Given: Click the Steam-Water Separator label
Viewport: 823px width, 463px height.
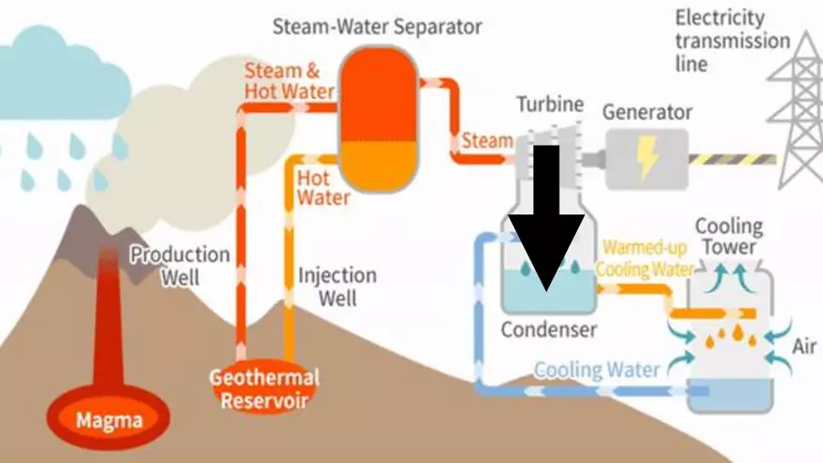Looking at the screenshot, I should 377,25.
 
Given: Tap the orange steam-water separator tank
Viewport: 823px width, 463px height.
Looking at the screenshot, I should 378,118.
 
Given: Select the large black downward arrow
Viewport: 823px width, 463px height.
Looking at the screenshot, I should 546,225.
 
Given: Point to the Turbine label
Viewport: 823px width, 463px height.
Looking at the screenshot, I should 549,104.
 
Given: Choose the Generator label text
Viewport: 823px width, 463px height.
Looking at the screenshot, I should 647,112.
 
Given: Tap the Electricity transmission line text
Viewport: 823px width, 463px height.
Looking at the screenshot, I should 732,41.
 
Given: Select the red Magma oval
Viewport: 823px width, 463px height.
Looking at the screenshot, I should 110,420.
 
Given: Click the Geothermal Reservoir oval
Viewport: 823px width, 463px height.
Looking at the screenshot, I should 264,388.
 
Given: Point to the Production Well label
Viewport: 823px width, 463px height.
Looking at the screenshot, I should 180,266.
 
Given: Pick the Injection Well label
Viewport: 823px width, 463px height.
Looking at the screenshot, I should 337,287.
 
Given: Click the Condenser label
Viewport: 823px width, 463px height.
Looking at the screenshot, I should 548,329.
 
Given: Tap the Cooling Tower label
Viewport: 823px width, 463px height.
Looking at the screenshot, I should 729,237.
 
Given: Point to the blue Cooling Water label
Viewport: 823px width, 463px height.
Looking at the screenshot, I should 597,369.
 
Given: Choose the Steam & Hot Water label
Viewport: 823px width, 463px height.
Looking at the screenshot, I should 289,81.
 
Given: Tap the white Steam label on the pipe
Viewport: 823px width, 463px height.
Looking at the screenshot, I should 486,141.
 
